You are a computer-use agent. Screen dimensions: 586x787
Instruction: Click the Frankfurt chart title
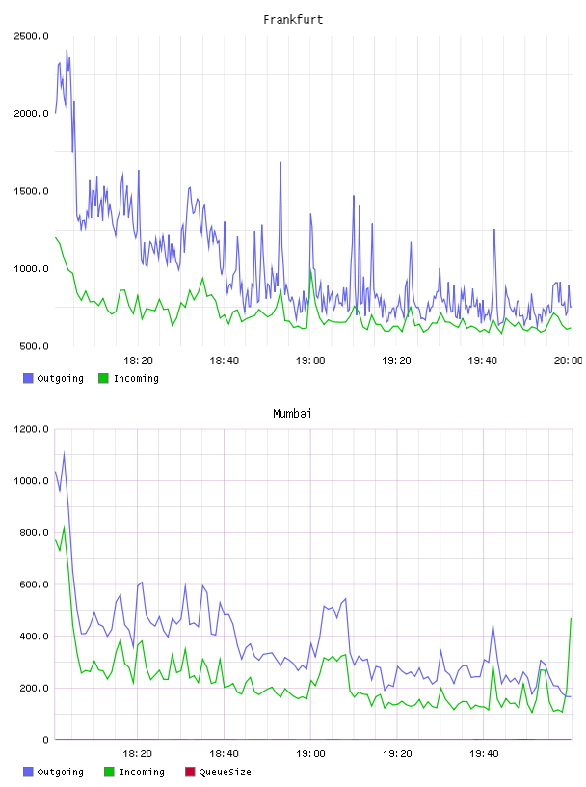coord(293,19)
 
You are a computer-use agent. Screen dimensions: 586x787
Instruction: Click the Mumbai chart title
coord(292,413)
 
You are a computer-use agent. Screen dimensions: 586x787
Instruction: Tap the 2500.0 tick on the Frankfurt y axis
coord(31,36)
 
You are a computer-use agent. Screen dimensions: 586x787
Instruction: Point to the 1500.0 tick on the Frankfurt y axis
coord(31,191)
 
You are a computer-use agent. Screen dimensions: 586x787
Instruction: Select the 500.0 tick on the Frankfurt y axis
coord(34,346)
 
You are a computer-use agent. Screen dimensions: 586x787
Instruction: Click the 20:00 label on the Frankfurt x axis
coord(568,360)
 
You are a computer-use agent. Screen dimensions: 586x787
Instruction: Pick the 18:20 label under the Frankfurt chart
coord(138,360)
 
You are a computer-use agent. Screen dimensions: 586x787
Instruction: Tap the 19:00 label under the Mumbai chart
coord(310,753)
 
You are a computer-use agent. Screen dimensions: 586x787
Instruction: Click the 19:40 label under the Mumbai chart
coord(484,753)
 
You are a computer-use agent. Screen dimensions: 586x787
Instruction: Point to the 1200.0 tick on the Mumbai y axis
coord(31,429)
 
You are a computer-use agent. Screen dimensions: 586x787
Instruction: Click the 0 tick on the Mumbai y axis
coord(45,740)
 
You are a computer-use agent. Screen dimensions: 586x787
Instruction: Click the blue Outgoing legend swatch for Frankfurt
coord(28,378)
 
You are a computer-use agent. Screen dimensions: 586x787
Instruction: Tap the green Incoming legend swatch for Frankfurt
coord(103,378)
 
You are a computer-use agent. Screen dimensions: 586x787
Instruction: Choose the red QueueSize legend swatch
coord(190,772)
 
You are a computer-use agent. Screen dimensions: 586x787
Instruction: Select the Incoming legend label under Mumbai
coord(142,772)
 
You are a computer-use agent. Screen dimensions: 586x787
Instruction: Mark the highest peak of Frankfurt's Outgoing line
coord(67,51)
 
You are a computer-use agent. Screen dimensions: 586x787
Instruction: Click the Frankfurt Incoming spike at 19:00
coord(310,270)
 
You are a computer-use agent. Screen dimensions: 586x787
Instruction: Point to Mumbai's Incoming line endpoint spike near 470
coord(571,619)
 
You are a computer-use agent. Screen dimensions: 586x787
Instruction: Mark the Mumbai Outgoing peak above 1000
coord(64,453)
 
